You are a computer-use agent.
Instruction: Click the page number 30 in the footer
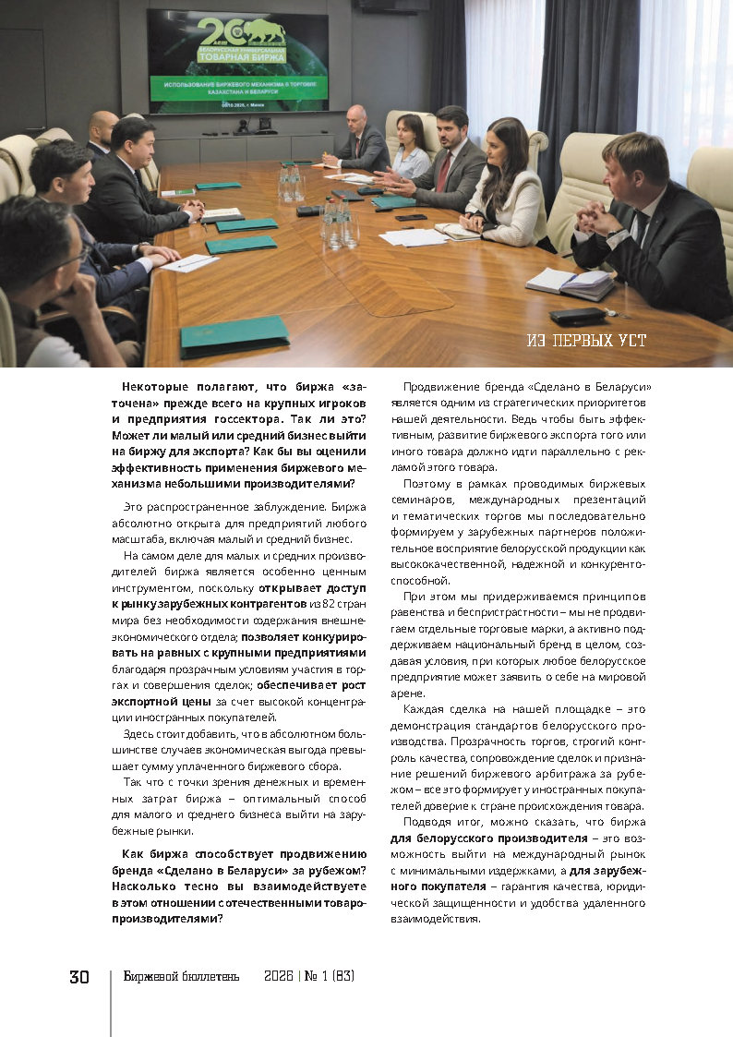click(x=78, y=977)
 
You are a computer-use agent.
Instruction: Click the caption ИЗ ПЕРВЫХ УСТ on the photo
click(x=586, y=341)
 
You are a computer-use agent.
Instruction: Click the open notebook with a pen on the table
click(x=569, y=283)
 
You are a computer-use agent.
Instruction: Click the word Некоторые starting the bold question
click(x=156, y=389)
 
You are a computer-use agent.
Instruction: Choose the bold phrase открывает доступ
click(x=313, y=586)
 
